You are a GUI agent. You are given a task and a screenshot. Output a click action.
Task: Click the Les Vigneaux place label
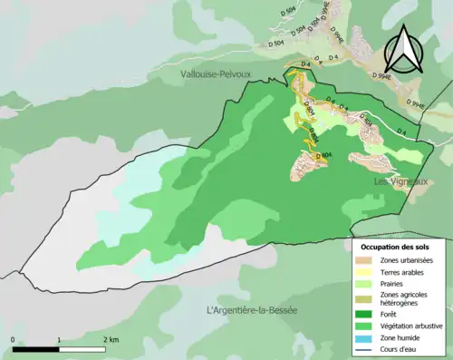click(401, 182)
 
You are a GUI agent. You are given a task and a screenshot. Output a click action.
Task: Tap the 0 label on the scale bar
click(14, 339)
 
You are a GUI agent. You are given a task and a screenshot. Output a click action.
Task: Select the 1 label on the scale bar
click(59, 339)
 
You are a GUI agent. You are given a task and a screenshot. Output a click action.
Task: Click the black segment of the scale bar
click(36, 349)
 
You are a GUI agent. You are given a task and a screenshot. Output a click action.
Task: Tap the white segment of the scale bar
click(82, 349)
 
